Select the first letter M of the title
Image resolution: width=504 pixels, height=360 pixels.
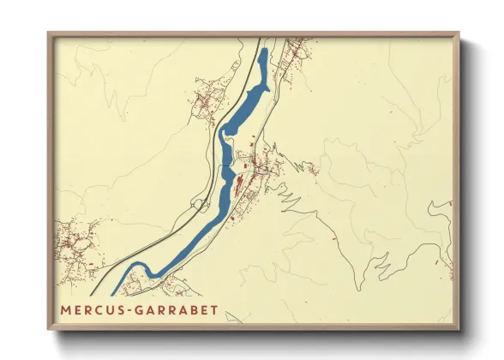[x=66, y=309]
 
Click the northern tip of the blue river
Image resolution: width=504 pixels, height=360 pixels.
[x=264, y=51]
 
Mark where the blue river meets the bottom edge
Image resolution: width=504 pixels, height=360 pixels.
[x=113, y=294]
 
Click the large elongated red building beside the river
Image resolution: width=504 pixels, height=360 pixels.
[x=239, y=183]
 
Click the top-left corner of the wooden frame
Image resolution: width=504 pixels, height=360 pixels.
[x=49, y=33]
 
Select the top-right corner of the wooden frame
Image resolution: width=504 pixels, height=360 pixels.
[x=459, y=33]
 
